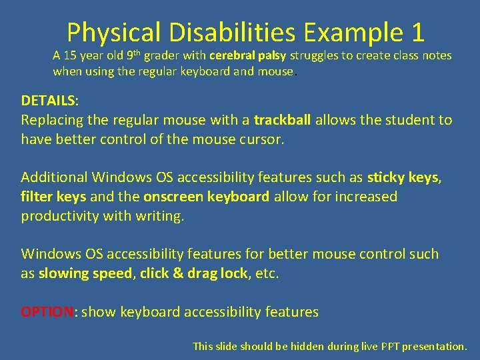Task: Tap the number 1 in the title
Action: [414, 32]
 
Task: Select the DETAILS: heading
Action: [49, 101]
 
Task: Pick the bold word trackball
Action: [283, 121]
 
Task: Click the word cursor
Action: [260, 140]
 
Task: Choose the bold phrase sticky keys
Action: [402, 177]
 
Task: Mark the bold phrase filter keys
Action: [53, 197]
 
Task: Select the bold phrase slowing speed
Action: [85, 273]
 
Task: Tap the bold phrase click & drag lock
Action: [193, 273]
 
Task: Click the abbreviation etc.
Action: [267, 273]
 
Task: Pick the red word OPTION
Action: [49, 311]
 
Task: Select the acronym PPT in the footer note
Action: [379, 346]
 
